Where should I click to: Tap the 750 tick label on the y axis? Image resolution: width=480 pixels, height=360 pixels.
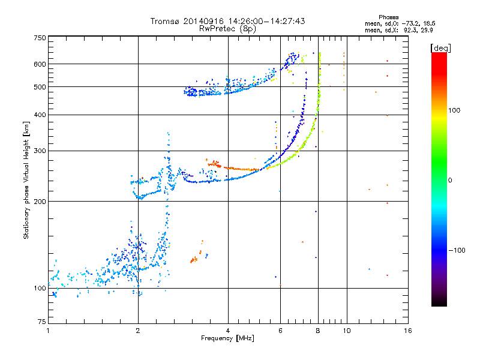[40, 38]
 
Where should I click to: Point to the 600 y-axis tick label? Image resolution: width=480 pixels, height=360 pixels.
[40, 64]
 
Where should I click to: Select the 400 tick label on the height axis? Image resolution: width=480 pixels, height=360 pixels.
[40, 115]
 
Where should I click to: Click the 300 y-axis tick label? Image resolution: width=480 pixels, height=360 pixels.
[40, 151]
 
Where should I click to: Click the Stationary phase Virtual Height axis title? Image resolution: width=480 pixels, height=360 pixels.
[26, 180]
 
